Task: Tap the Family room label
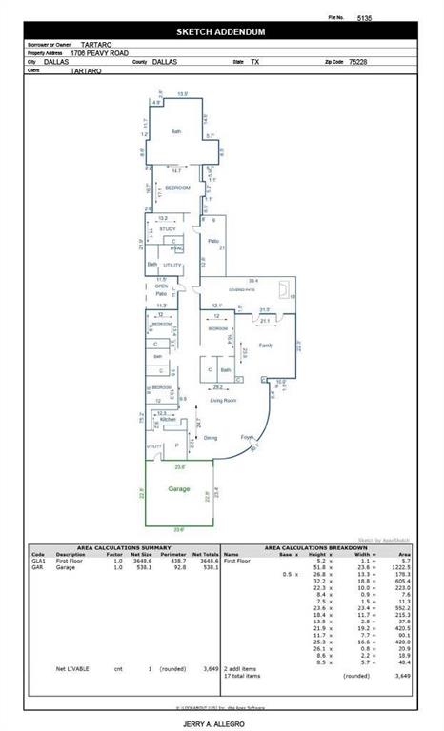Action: click(267, 346)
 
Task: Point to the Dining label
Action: click(210, 438)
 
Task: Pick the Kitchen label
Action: click(168, 419)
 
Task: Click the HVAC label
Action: click(176, 248)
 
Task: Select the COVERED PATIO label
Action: click(240, 289)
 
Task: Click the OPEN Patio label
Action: click(162, 289)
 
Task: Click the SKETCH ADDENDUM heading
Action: click(221, 31)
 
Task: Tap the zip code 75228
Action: click(357, 60)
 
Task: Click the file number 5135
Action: click(364, 17)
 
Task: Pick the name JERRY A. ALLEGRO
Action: click(221, 724)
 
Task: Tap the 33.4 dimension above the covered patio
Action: click(253, 281)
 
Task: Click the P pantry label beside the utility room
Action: click(177, 445)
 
